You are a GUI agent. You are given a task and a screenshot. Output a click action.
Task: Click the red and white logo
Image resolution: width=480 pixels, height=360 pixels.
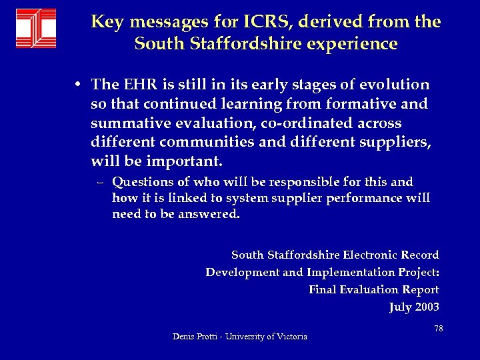tap(36, 29)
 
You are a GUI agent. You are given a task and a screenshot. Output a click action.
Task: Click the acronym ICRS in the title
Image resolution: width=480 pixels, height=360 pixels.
tap(271, 22)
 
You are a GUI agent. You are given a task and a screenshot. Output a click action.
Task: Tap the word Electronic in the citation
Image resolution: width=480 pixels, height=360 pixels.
tap(369, 255)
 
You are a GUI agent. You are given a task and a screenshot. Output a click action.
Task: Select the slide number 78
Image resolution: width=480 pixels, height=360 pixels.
tap(438, 329)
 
